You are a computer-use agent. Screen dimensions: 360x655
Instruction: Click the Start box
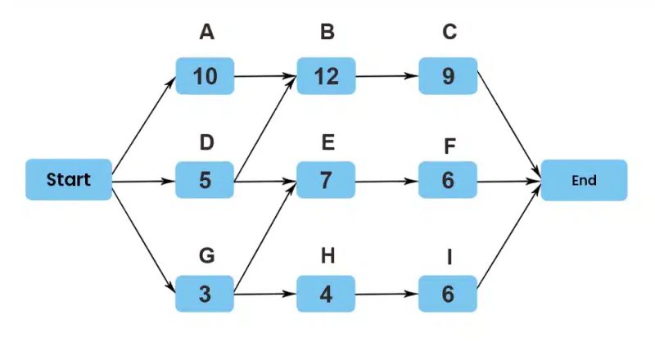pyautogui.click(x=68, y=180)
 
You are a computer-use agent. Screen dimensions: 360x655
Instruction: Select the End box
pyautogui.click(x=584, y=180)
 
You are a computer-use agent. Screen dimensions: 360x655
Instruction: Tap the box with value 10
pyautogui.click(x=205, y=76)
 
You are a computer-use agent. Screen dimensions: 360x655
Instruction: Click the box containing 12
pyautogui.click(x=326, y=76)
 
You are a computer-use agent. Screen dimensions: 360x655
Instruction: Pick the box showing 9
pyautogui.click(x=447, y=76)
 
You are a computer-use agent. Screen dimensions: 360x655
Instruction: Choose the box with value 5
pyautogui.click(x=205, y=180)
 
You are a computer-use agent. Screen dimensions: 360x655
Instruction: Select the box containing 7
pyautogui.click(x=326, y=180)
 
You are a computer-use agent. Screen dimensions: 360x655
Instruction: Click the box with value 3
pyautogui.click(x=205, y=294)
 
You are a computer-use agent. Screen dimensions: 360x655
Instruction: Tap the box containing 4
pyautogui.click(x=326, y=294)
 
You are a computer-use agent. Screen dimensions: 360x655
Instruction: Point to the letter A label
pyautogui.click(x=206, y=34)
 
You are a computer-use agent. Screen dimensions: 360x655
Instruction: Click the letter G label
pyautogui.click(x=206, y=256)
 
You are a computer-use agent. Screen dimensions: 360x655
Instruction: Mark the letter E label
pyautogui.click(x=327, y=143)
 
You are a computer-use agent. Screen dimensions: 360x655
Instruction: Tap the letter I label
pyautogui.click(x=449, y=258)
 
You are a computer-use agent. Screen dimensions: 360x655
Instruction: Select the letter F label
pyautogui.click(x=449, y=146)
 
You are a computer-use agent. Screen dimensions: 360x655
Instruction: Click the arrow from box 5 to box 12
pyautogui.click(x=264, y=128)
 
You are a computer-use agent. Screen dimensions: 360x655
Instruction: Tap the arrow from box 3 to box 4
pyautogui.click(x=264, y=293)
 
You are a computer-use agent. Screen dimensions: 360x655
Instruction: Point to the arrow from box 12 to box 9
pyautogui.click(x=386, y=78)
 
